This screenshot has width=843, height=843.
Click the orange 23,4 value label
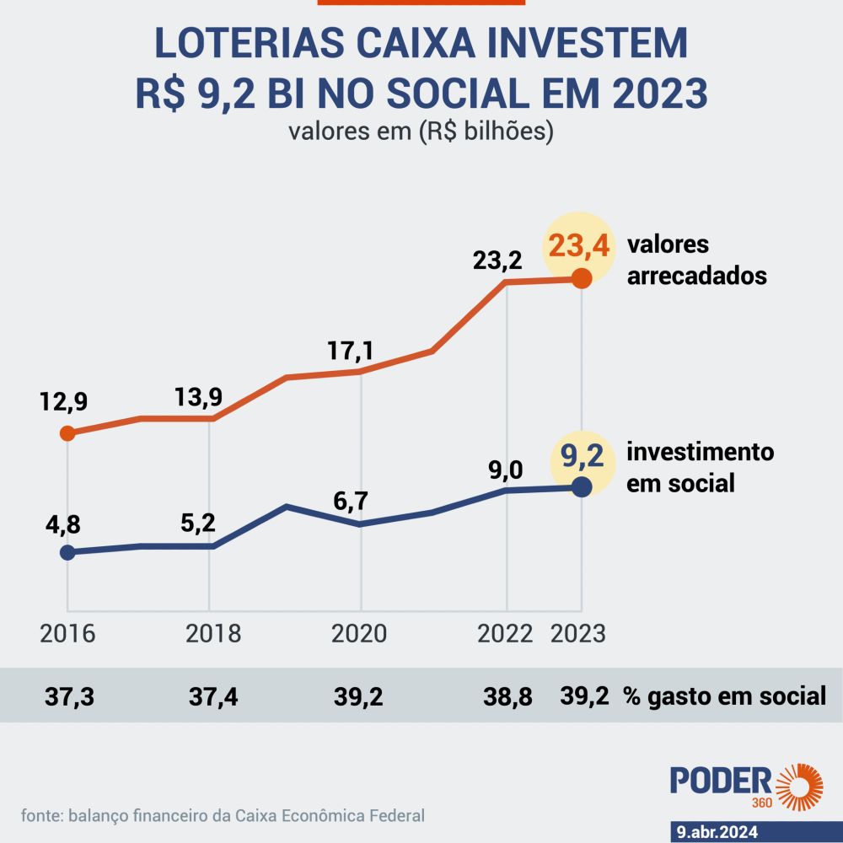coord(578,248)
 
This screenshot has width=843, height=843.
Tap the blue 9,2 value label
coord(578,460)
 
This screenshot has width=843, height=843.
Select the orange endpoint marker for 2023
coord(581,279)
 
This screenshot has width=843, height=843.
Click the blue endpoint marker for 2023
coord(581,486)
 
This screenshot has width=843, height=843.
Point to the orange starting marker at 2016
coord(67,433)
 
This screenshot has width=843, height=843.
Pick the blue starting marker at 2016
coord(67,552)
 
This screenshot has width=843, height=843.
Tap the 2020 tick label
coord(361,634)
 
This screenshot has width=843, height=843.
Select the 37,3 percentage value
coord(68,697)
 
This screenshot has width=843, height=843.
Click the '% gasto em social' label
coord(724,697)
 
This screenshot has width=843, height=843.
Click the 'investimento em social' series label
coord(700,467)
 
